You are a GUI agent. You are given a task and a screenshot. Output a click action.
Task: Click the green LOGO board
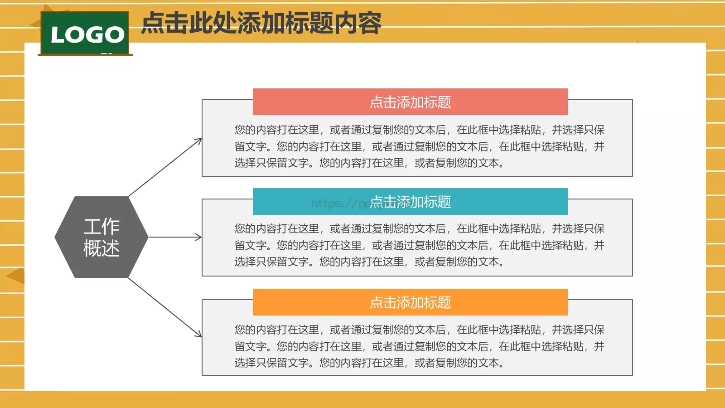point(85,33)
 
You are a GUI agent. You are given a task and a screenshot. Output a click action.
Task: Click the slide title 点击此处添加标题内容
point(261,23)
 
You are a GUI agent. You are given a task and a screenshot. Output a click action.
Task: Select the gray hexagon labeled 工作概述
point(101,237)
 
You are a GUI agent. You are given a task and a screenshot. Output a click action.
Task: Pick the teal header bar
point(498,202)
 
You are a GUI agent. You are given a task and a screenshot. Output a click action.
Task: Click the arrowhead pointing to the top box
point(199,141)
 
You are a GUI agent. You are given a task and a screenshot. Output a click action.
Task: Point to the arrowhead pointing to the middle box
point(199,237)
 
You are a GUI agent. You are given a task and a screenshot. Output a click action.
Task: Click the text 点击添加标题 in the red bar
point(410,102)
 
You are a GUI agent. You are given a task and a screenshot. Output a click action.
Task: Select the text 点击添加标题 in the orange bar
point(410,302)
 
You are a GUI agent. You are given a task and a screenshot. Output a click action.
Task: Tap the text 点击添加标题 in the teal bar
point(410,202)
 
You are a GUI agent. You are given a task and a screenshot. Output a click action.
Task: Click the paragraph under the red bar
point(419,146)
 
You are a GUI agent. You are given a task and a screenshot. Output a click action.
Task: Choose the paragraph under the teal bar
point(419,245)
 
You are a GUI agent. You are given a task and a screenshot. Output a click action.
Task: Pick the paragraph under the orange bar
point(419,346)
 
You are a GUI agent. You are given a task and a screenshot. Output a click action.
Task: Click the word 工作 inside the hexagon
point(101,226)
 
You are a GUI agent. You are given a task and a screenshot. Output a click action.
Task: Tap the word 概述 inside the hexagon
point(101,248)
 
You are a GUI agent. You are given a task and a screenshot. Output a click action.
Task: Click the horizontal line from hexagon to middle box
point(172,237)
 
